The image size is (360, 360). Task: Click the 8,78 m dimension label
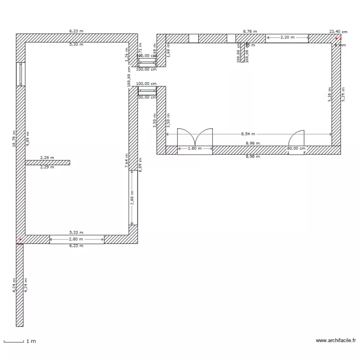tap(250, 31)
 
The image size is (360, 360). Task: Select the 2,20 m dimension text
tap(287, 37)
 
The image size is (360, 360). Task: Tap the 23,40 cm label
tap(338, 31)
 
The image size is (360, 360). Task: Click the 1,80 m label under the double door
tap(194, 149)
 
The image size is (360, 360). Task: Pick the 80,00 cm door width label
tap(296, 149)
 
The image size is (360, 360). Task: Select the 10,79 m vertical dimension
tap(14, 138)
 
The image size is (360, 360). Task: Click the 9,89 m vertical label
tap(28, 138)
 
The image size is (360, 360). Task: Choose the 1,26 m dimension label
tap(126, 55)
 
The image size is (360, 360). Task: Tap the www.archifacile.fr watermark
tap(336, 341)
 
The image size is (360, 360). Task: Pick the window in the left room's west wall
tap(20, 74)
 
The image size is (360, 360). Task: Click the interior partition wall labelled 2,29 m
tap(47, 163)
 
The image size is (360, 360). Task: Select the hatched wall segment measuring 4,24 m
tap(20, 285)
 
